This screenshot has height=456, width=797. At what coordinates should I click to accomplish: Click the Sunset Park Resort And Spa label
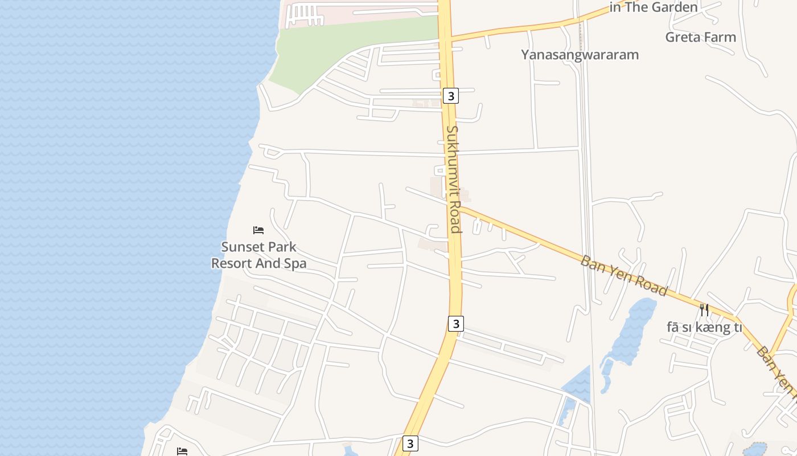point(259,255)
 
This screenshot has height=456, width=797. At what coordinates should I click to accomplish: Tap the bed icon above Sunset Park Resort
point(258,230)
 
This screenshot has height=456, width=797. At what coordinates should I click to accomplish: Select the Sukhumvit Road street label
point(453,179)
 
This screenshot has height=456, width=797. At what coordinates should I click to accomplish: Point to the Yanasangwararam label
point(580,55)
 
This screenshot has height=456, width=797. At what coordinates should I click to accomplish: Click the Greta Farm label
point(701,37)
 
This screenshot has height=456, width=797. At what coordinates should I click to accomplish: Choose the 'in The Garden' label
point(654,7)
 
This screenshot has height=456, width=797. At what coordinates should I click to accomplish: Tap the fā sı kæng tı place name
point(704,327)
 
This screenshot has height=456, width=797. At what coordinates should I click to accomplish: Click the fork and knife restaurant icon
point(705,310)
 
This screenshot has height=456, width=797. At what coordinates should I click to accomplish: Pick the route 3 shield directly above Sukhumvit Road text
point(451,96)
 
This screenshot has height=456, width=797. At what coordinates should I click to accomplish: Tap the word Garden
point(675,7)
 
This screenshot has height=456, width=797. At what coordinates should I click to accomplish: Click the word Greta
point(682,37)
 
